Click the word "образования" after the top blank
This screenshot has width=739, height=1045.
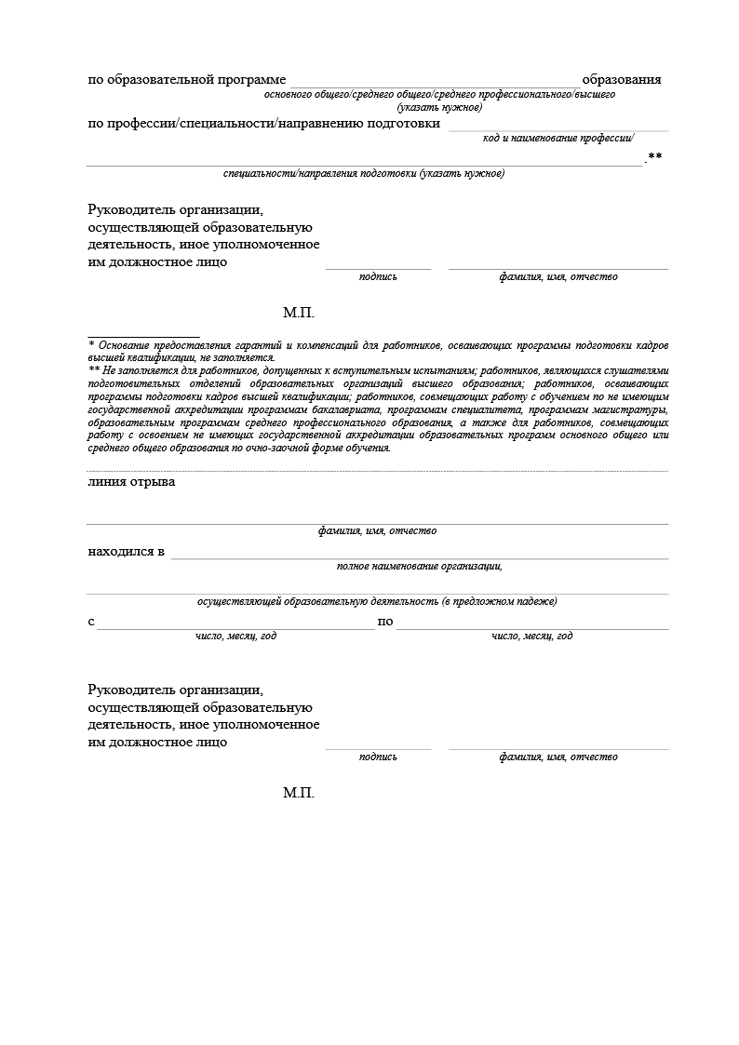point(621,79)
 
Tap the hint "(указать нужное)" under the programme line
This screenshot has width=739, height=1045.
point(439,107)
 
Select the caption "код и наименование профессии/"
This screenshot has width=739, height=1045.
point(558,138)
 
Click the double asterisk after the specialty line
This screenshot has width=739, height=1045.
point(655,156)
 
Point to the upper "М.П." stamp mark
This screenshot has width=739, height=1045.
point(299,313)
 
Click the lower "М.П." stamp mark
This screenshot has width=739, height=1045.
point(299,793)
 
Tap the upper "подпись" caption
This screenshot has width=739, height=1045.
point(378,276)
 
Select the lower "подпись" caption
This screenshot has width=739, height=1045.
point(378,757)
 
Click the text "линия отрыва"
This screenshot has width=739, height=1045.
point(131,482)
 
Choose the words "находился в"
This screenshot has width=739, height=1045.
point(127,552)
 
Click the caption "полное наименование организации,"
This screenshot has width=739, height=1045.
point(419,566)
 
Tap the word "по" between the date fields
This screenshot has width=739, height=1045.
point(385,622)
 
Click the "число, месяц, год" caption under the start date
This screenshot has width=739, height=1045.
point(235,636)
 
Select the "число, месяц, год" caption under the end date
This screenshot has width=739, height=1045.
point(531,636)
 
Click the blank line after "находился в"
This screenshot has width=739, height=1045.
point(419,557)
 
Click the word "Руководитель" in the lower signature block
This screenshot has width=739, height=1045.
point(131,690)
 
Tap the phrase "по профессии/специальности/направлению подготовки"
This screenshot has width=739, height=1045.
point(264,124)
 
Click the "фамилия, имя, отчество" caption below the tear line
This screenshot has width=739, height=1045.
point(377,531)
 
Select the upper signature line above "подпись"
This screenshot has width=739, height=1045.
point(378,269)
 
